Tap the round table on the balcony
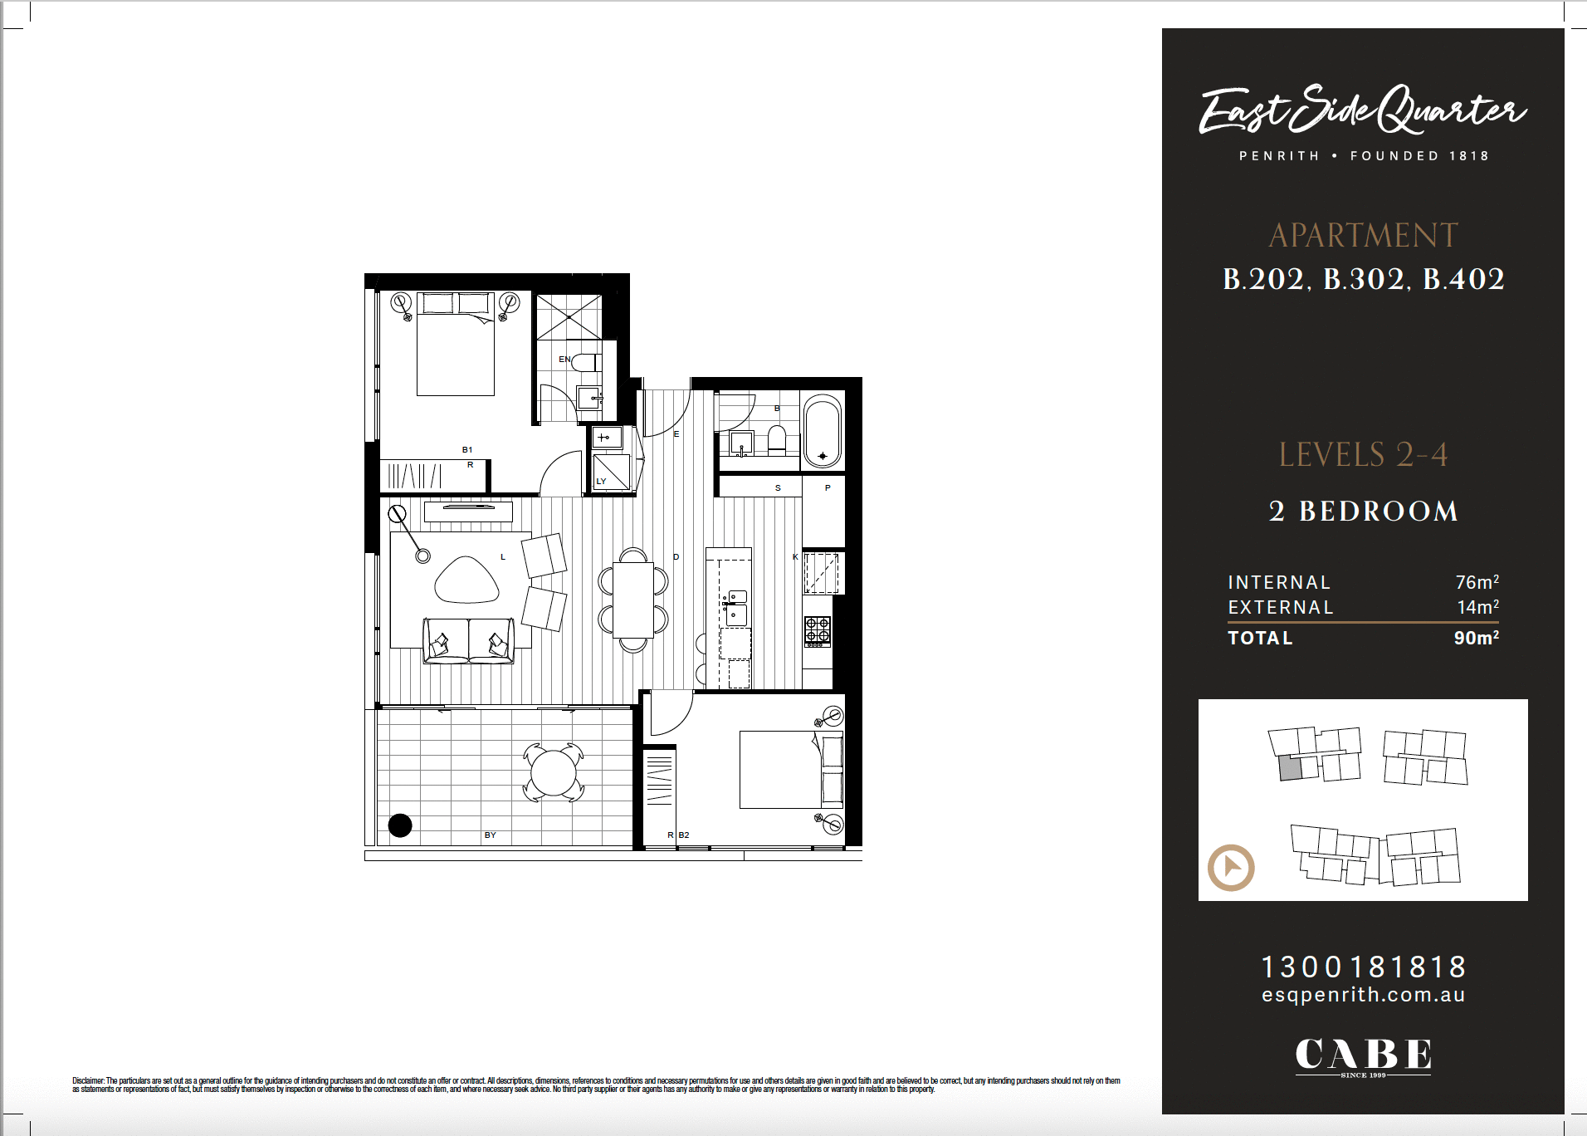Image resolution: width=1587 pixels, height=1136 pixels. (x=554, y=772)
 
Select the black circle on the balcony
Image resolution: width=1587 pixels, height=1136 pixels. (x=400, y=825)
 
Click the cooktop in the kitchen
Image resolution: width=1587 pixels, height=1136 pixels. (x=818, y=631)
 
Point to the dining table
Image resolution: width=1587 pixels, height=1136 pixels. (x=633, y=600)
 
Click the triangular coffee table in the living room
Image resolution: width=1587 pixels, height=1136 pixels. (x=466, y=580)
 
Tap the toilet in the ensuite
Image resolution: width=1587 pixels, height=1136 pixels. (x=586, y=362)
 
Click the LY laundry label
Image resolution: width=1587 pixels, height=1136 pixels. (x=601, y=482)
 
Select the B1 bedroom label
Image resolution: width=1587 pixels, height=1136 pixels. (x=467, y=450)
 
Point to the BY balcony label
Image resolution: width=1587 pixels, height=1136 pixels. (x=491, y=835)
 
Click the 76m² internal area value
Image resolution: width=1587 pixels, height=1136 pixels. (x=1477, y=582)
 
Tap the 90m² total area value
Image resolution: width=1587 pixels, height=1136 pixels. (x=1477, y=638)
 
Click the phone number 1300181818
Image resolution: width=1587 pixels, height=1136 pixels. (x=1364, y=967)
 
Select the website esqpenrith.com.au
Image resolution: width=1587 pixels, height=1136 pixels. (x=1364, y=995)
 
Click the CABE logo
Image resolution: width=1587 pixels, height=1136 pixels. (x=1364, y=1055)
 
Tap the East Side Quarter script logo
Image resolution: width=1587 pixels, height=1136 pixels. (x=1363, y=110)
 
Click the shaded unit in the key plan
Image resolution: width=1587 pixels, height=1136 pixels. (x=1290, y=768)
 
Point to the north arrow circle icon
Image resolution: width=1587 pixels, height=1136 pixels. (x=1231, y=868)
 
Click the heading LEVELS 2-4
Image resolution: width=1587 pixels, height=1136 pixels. (x=1363, y=455)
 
